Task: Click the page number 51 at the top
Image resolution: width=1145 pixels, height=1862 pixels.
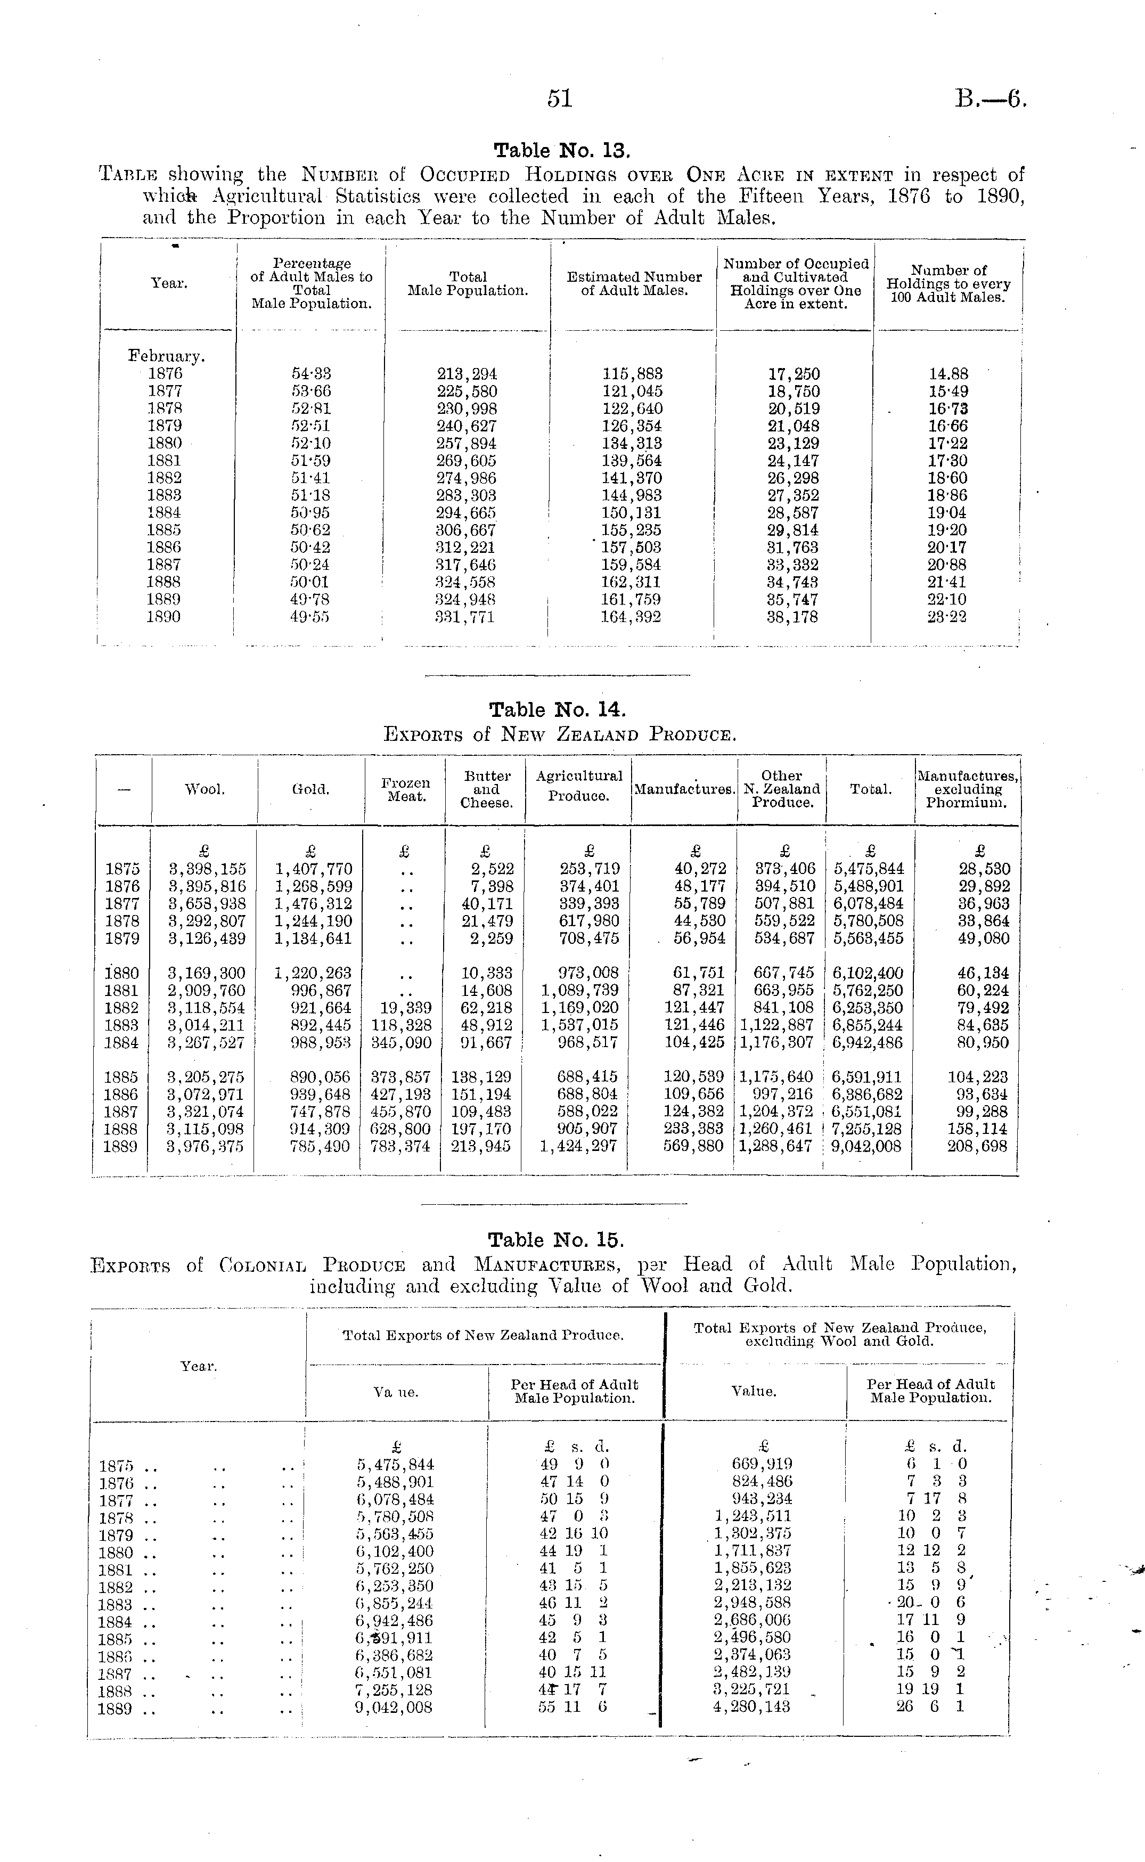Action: pos(560,99)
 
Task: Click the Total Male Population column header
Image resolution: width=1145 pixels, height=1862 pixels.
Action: pos(468,284)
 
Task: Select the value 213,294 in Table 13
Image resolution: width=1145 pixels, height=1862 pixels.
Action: pos(467,374)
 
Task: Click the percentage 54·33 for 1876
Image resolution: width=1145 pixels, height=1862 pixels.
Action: pos(311,374)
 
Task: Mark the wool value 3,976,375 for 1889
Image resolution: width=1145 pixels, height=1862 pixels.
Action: pos(207,1146)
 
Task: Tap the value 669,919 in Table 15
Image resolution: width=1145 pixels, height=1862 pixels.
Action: pos(762,1465)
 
